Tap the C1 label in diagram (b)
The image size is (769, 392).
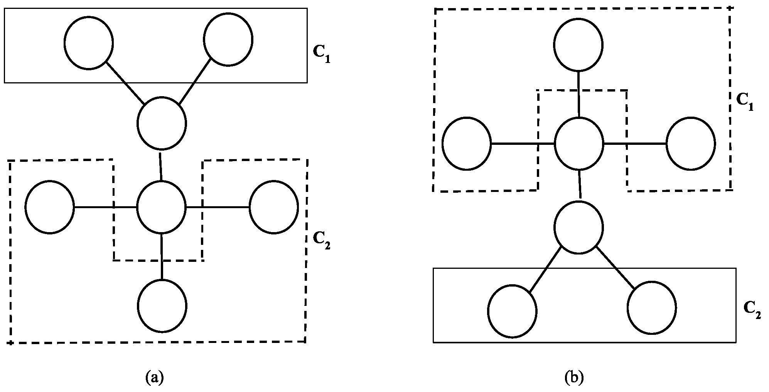745,102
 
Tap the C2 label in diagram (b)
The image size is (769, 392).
752,309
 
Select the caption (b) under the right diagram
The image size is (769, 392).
574,377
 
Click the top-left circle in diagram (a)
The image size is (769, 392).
89,43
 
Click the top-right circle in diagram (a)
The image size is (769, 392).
228,39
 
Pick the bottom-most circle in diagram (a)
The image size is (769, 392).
162,306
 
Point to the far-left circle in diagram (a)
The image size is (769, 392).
49,207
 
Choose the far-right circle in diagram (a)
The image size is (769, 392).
274,207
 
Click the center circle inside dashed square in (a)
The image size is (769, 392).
162,207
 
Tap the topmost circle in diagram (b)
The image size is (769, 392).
578,45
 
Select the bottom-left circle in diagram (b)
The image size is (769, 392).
512,311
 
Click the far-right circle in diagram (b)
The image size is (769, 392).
691,144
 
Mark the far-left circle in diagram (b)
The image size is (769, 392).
467,144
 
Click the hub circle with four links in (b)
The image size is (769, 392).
578,144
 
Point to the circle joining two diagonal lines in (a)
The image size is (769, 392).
162,124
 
